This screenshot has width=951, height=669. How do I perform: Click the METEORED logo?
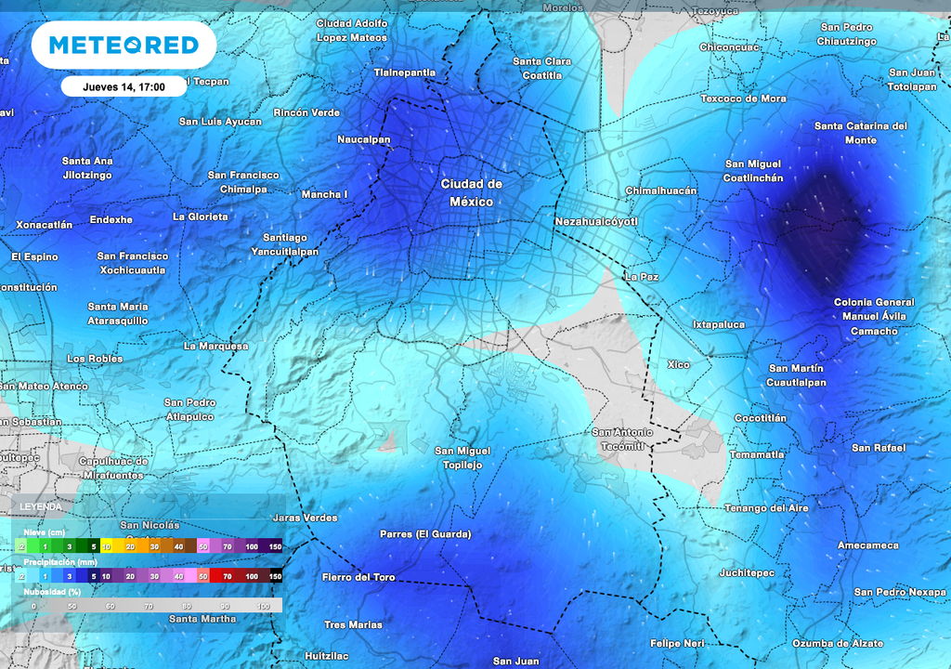pyautogui.click(x=124, y=45)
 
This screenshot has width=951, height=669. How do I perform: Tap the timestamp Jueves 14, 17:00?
pyautogui.click(x=124, y=86)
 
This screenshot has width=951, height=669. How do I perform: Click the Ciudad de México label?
pyautogui.click(x=471, y=193)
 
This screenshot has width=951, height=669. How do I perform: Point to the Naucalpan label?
pyautogui.click(x=363, y=140)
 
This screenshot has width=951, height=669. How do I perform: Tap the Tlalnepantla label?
pyautogui.click(x=404, y=72)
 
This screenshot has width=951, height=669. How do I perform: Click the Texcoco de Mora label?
pyautogui.click(x=743, y=98)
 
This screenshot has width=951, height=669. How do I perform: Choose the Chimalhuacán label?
pyautogui.click(x=660, y=190)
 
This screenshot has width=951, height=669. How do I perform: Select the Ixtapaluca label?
pyautogui.click(x=718, y=324)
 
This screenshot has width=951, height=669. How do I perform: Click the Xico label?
pyautogui.click(x=678, y=364)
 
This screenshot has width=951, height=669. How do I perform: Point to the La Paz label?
pyautogui.click(x=642, y=277)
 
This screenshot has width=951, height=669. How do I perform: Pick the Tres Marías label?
pyautogui.click(x=353, y=624)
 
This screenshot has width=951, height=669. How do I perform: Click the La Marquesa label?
pyautogui.click(x=215, y=346)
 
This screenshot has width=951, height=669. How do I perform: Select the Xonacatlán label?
pyautogui.click(x=44, y=225)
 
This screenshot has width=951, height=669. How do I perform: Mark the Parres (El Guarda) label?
pyautogui.click(x=425, y=534)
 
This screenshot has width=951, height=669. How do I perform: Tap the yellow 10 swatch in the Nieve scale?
pyautogui.click(x=107, y=547)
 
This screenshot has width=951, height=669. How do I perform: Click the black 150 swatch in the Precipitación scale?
pyautogui.click(x=275, y=577)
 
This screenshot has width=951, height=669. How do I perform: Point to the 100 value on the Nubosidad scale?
pyautogui.click(x=263, y=606)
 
